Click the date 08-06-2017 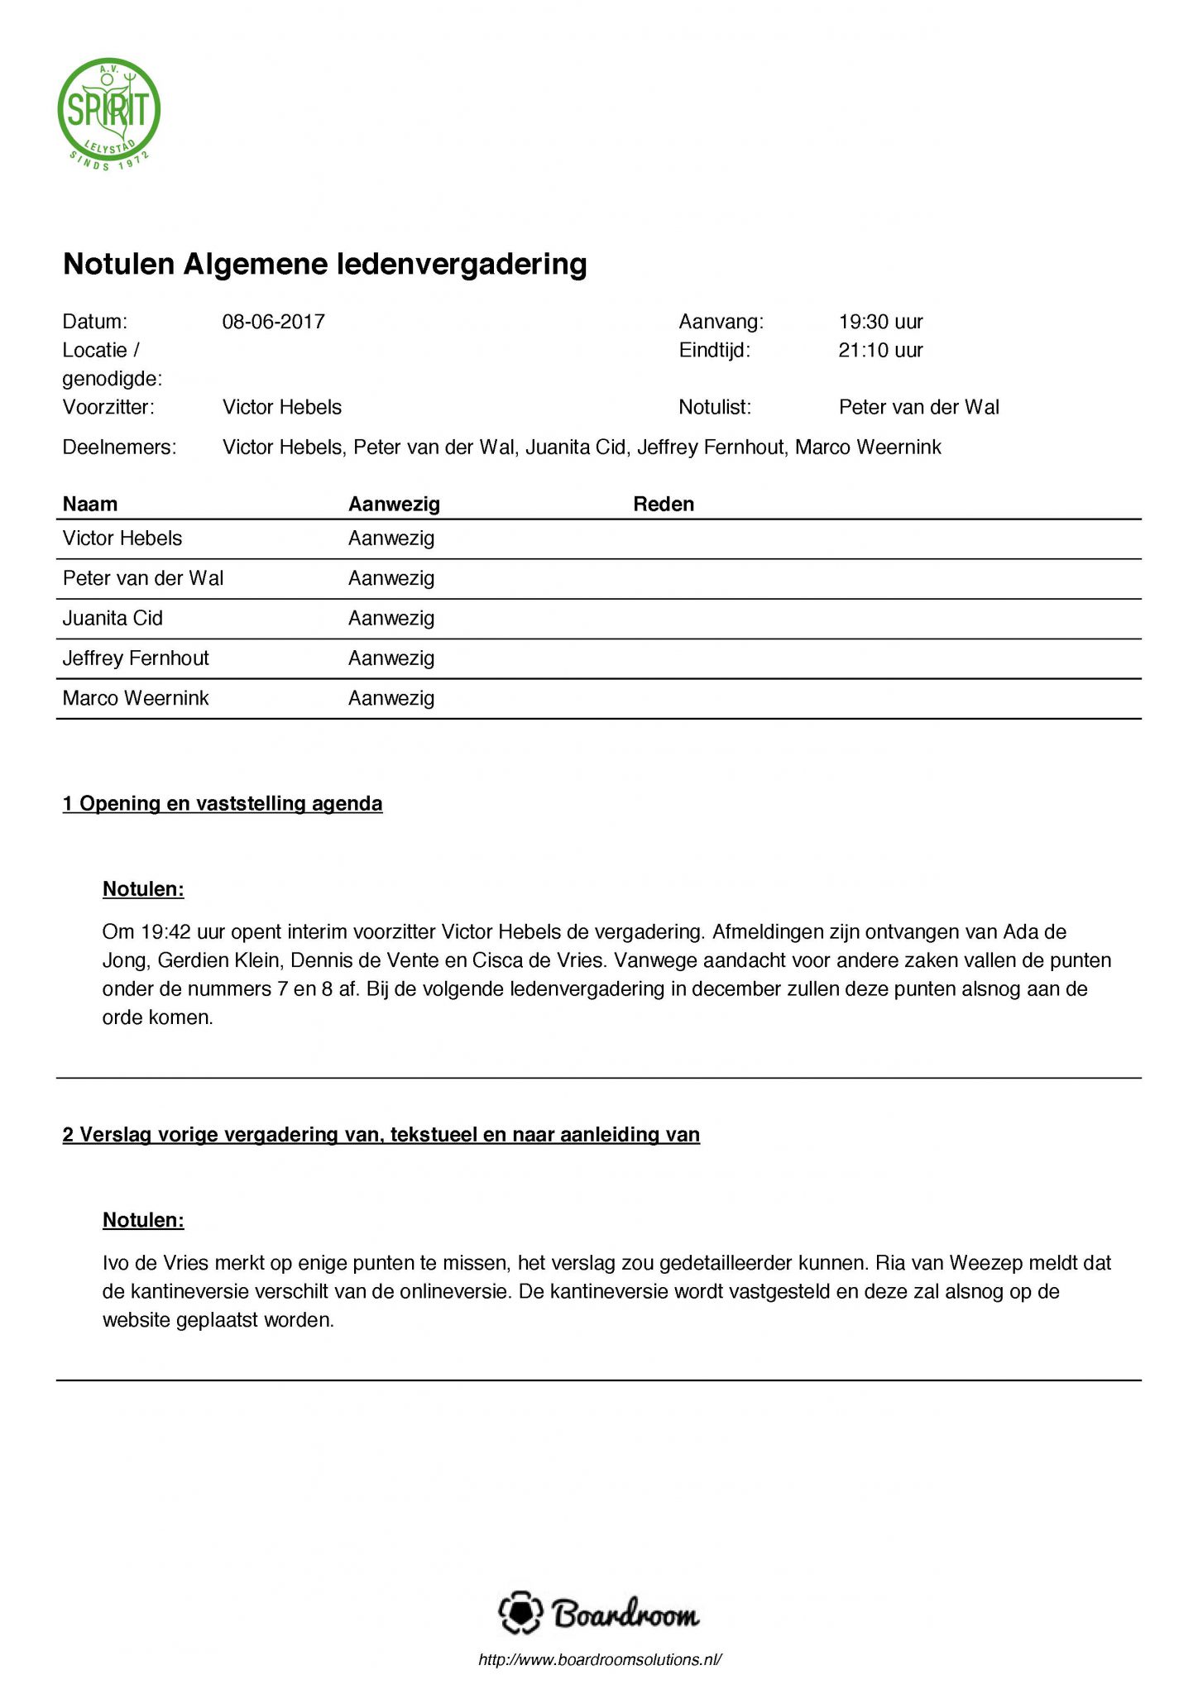(x=273, y=322)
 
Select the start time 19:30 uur (x=880, y=322)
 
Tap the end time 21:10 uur (x=880, y=351)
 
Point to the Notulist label (x=714, y=407)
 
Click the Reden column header (x=664, y=504)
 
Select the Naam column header (x=90, y=504)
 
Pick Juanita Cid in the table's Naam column (x=113, y=619)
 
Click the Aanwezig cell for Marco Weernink (x=391, y=698)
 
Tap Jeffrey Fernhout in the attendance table (x=136, y=658)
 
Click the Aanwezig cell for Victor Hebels (x=391, y=538)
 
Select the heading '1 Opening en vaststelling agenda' (x=223, y=803)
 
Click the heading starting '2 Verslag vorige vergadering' (x=381, y=1134)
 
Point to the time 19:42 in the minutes (x=166, y=932)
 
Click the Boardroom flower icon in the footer (x=520, y=1613)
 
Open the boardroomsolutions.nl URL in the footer (x=600, y=1660)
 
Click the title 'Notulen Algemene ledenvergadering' (x=325, y=264)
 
